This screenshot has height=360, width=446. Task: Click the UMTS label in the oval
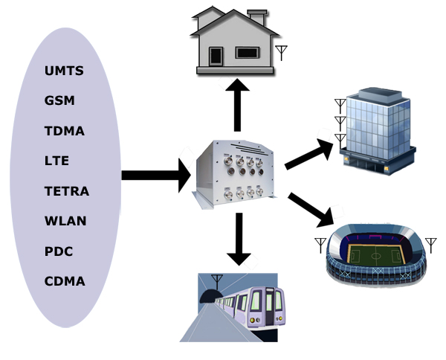64,71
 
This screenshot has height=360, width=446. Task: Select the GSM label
59,101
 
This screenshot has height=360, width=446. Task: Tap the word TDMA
65,132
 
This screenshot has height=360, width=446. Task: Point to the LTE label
56,161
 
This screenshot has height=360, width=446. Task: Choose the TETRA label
67,191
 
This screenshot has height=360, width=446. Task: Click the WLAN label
65,221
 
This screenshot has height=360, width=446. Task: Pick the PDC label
59,251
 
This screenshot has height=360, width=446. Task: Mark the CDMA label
65,281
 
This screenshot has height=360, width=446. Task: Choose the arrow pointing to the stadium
311,208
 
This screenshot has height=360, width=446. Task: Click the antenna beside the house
282,52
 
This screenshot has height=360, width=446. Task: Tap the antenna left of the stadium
320,245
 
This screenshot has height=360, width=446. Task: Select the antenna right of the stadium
430,245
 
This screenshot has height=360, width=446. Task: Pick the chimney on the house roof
257,16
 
